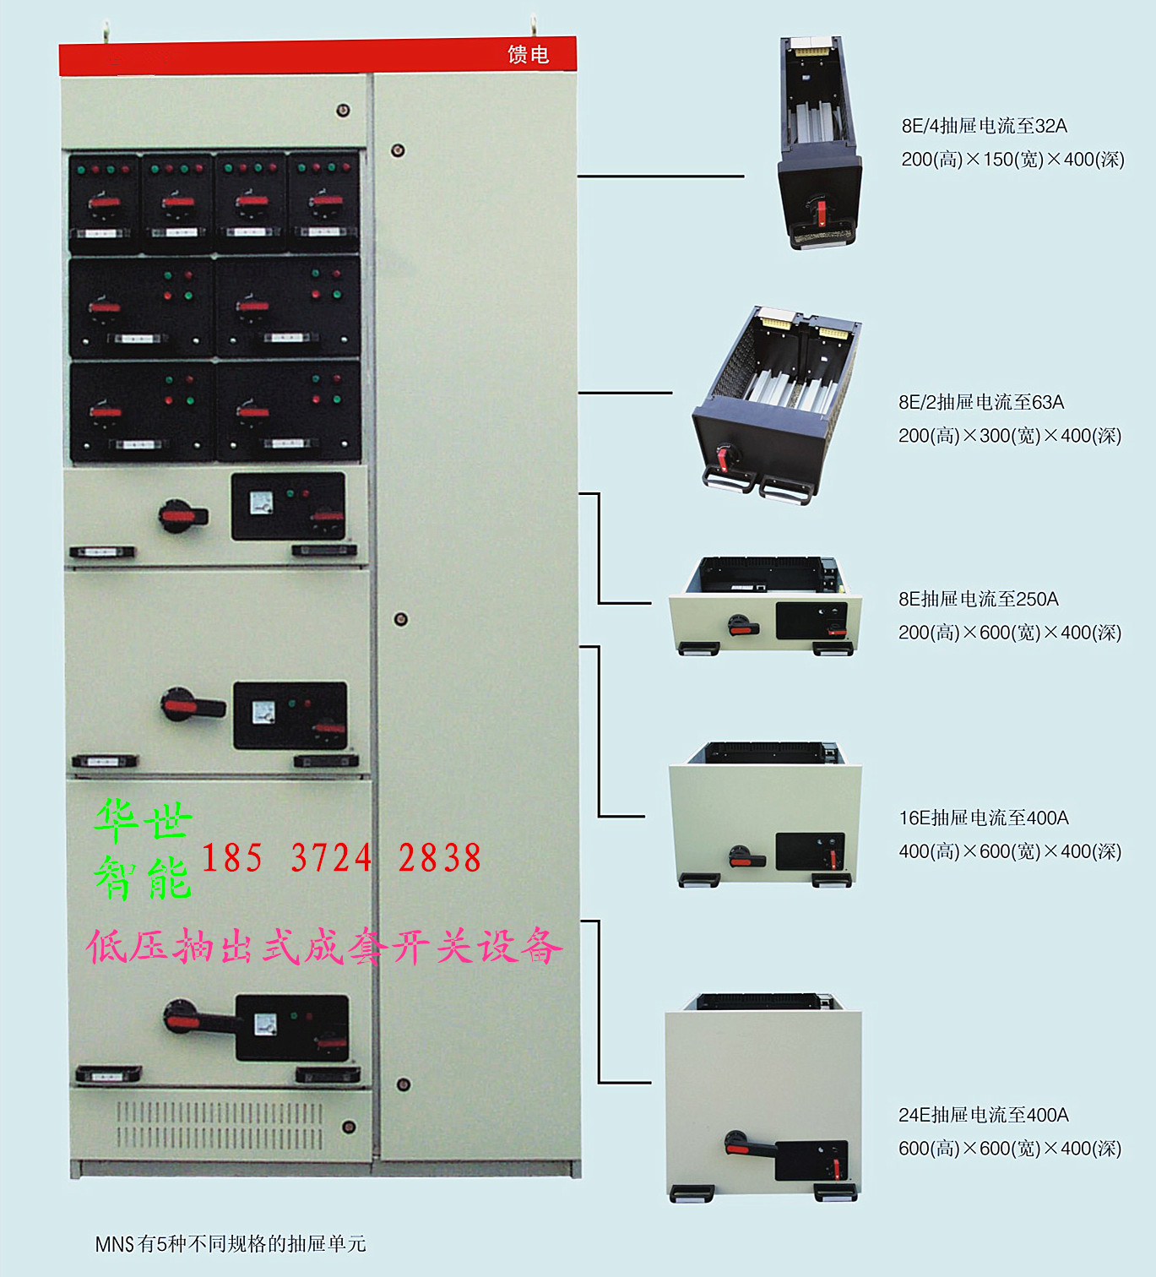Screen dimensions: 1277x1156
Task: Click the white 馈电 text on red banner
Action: pos(528,55)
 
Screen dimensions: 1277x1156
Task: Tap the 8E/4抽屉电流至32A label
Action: pos(984,126)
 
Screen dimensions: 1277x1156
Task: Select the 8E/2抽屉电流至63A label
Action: pos(980,402)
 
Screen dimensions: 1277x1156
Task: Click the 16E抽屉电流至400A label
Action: pos(983,818)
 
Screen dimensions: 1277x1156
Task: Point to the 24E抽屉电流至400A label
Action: pos(983,1115)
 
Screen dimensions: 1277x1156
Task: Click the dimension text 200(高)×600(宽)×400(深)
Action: pos(1009,633)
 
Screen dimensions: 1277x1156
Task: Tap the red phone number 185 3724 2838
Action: pos(341,858)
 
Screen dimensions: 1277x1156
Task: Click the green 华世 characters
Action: pos(144,820)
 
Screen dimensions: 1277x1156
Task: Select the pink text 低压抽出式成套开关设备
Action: pos(323,947)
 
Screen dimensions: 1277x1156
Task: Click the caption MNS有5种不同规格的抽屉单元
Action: pos(230,1243)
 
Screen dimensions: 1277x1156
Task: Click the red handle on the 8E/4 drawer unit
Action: pos(818,211)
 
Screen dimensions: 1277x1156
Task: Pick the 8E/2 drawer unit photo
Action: pos(775,405)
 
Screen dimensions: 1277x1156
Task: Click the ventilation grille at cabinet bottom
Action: pos(219,1125)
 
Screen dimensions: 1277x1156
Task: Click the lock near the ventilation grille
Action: pos(349,1127)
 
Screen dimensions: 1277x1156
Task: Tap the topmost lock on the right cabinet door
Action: pos(398,150)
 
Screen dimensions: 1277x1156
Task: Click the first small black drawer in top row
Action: pos(104,203)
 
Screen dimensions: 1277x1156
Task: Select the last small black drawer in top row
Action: pos(324,203)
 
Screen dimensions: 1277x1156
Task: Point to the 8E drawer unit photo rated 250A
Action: pos(765,606)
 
